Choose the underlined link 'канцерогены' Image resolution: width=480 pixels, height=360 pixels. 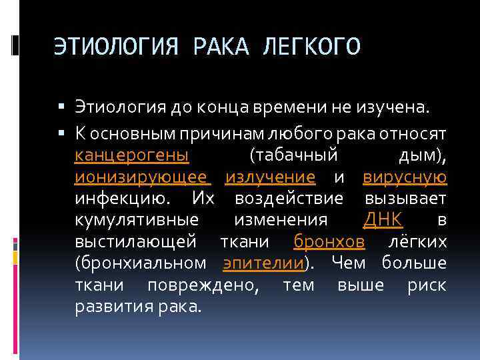(x=131, y=155)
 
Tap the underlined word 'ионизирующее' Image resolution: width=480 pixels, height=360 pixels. (x=142, y=177)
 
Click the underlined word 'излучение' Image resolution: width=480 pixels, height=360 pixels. (x=270, y=177)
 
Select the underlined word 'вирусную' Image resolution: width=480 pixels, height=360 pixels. (x=405, y=177)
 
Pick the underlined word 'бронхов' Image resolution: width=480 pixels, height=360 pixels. (x=329, y=241)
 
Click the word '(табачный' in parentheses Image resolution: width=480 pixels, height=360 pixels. (x=293, y=155)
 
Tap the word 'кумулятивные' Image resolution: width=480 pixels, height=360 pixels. (x=136, y=219)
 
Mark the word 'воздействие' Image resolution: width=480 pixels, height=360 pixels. (x=289, y=198)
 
